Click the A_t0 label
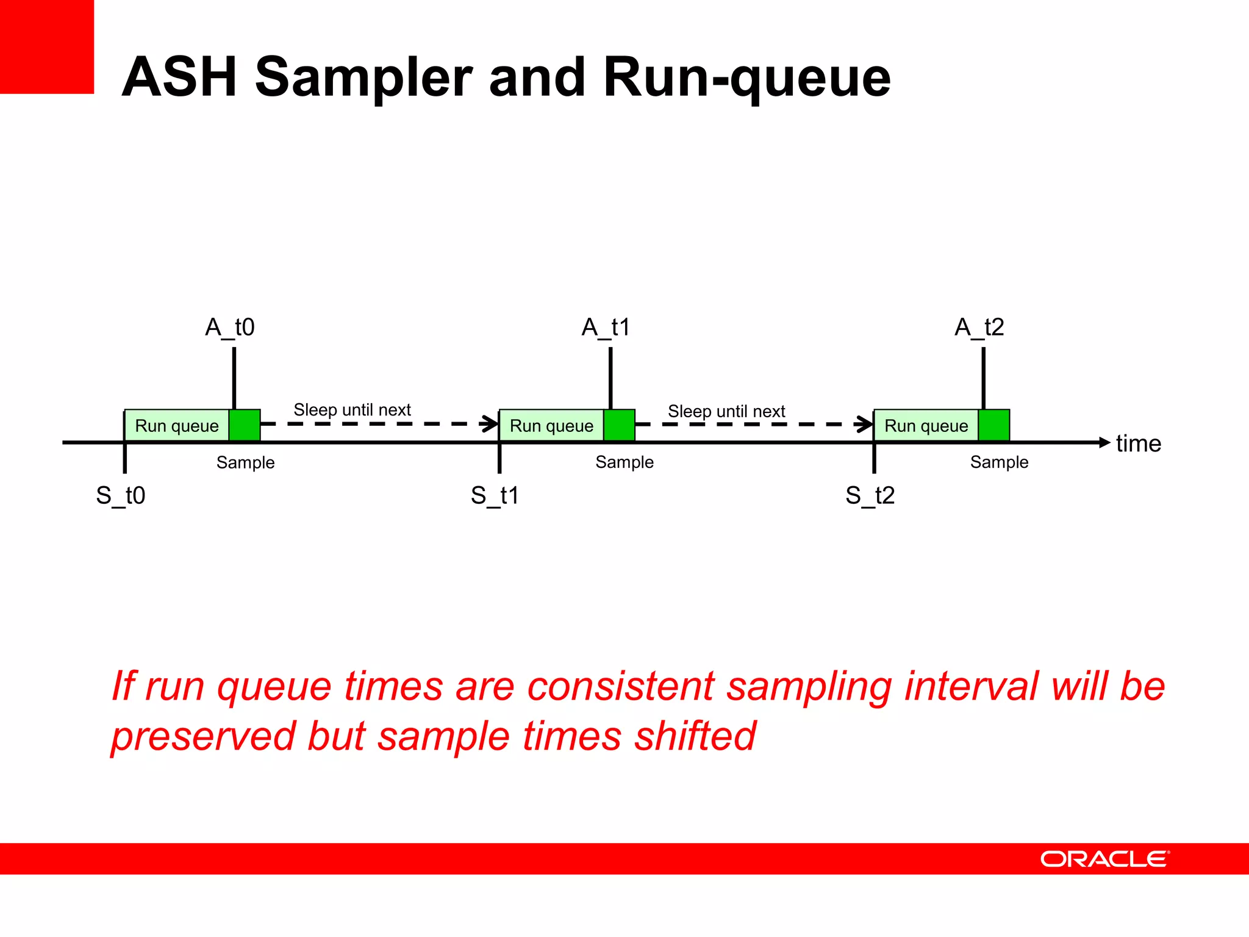(230, 328)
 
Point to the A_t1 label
(606, 328)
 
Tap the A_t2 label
(979, 328)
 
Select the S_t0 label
(121, 495)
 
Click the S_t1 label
(495, 495)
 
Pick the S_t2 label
(870, 495)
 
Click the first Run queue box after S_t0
(177, 425)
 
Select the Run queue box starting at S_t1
(551, 425)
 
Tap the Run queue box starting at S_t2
(926, 425)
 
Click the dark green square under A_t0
(245, 425)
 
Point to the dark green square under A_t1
(620, 425)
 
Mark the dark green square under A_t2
(994, 425)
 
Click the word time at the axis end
(1138, 443)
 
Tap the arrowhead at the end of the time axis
(1104, 442)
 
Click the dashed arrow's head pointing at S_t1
(491, 423)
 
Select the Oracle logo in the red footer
(1104, 859)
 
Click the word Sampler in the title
(363, 77)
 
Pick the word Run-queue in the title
(747, 77)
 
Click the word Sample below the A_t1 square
(624, 462)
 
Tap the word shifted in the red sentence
(695, 736)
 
